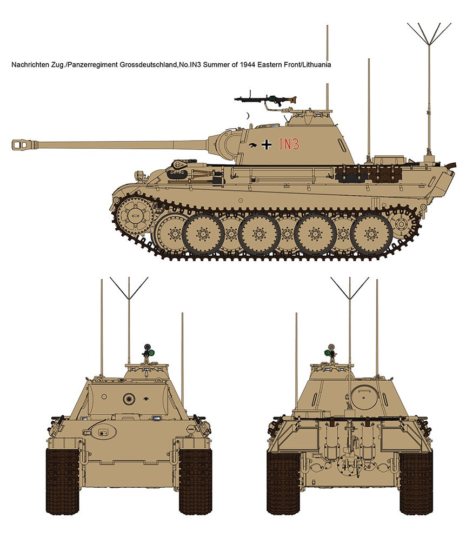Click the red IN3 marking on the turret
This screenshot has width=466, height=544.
289,144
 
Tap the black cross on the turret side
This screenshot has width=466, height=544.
267,144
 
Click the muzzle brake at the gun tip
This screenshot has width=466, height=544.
24,144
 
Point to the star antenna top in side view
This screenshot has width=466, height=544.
429,34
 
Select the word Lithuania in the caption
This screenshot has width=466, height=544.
317,64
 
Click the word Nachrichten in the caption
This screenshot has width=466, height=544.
28,64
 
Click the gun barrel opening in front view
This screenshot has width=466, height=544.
129,399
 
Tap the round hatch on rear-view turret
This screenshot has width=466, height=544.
364,397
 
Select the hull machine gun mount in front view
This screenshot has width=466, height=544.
102,432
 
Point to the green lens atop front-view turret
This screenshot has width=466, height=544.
151,353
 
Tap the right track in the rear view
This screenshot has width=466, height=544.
416,483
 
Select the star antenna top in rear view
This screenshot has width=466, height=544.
349,288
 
